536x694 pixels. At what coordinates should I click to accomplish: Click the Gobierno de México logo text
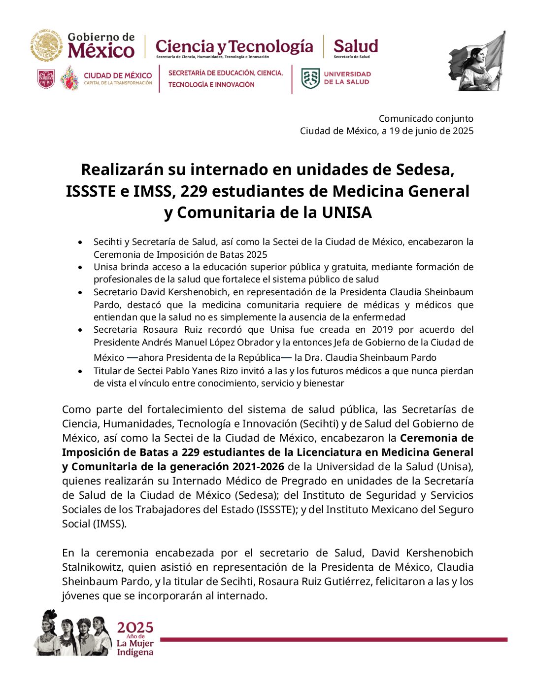[x=101, y=46]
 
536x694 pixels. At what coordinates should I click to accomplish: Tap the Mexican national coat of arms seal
[x=46, y=46]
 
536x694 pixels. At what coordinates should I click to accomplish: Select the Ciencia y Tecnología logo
[x=234, y=47]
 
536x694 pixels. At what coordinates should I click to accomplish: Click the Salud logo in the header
[x=355, y=47]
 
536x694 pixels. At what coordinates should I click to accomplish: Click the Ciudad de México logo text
[x=118, y=78]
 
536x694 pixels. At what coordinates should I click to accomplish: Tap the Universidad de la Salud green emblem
[x=310, y=78]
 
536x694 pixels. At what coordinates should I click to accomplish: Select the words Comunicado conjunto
[x=426, y=118]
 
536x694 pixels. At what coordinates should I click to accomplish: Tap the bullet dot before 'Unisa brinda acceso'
[x=80, y=267]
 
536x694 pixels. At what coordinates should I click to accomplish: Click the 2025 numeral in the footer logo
[x=135, y=627]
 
